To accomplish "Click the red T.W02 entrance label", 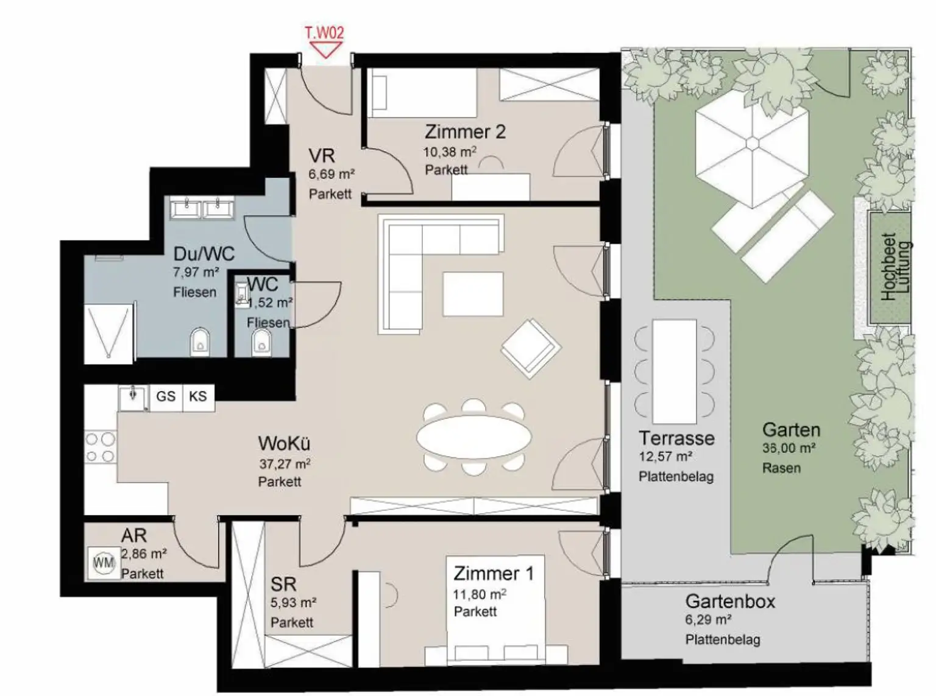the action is point(325,32).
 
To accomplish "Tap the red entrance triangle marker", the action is point(325,50).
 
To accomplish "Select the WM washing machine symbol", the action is point(104,563).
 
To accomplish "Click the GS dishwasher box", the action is point(166,397).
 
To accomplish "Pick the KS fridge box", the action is point(198,397).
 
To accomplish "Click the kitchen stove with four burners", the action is point(101,447).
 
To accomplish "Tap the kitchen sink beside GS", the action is point(133,398).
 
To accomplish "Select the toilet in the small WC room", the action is point(261,342).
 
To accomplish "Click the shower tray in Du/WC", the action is point(108,333).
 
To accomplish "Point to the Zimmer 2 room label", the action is point(465,132).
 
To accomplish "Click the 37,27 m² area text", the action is point(285,464).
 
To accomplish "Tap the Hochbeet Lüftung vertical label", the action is point(896,267).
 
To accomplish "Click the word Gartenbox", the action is point(730,602).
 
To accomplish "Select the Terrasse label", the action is point(676,438).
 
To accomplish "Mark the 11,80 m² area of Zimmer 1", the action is point(480,594).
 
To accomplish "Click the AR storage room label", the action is point(134,536).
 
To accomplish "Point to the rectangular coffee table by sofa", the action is point(473,294).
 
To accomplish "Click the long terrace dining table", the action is point(675,371).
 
